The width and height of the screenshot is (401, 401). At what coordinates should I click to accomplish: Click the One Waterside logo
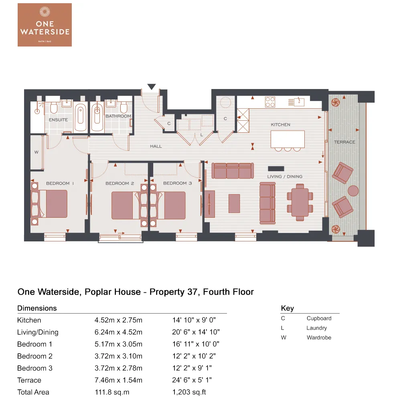pyautogui.click(x=45, y=24)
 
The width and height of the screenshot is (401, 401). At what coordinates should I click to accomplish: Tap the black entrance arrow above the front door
pyautogui.click(x=152, y=87)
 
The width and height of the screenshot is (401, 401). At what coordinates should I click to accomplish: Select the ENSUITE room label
pyautogui.click(x=58, y=120)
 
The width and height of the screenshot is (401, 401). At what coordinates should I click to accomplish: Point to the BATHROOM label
pyautogui.click(x=118, y=116)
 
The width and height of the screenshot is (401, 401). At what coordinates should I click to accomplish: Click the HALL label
pyautogui.click(x=156, y=146)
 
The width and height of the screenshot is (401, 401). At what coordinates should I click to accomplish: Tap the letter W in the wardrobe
pyautogui.click(x=36, y=152)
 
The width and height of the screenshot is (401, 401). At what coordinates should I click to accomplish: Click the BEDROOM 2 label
pyautogui.click(x=119, y=183)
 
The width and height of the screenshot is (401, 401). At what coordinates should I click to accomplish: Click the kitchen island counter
pyautogui.click(x=288, y=139)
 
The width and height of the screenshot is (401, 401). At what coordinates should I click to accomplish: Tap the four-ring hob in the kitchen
pyautogui.click(x=270, y=102)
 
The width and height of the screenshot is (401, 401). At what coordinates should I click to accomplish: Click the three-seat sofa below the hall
pyautogui.click(x=233, y=171)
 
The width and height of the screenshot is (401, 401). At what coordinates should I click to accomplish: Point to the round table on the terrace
pyautogui.click(x=353, y=190)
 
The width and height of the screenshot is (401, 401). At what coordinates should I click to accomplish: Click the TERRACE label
pyautogui.click(x=344, y=142)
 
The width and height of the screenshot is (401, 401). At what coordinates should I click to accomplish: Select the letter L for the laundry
pyautogui.click(x=202, y=135)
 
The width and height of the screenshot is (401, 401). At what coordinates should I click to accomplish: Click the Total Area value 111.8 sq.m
pyautogui.click(x=112, y=392)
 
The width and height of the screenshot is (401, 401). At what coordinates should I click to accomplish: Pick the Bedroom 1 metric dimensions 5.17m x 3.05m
pyautogui.click(x=118, y=344)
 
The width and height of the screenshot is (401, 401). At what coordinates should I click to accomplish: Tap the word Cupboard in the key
pyautogui.click(x=319, y=318)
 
